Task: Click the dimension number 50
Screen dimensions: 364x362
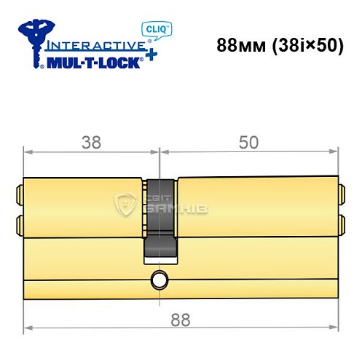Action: (248, 143)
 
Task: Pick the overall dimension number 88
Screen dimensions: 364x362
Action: (175, 319)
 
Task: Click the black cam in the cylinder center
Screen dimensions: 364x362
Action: (160, 218)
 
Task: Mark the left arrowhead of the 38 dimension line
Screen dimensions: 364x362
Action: (28, 152)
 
